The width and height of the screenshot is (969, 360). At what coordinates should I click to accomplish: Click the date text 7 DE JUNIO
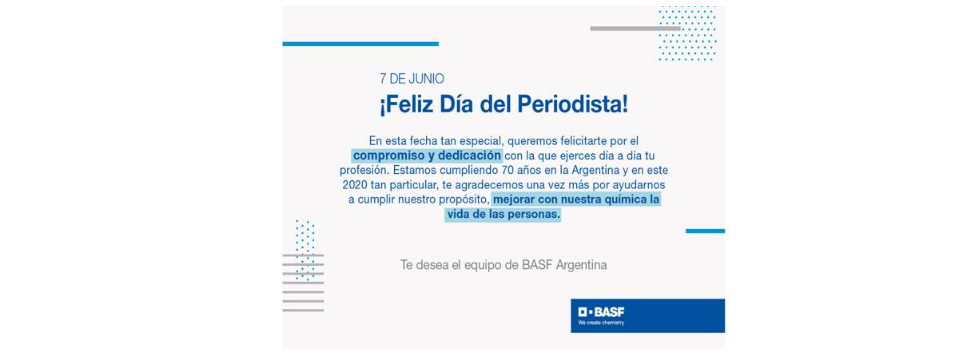[x=412, y=79]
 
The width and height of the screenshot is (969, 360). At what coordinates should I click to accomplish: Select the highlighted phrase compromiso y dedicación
[x=427, y=154]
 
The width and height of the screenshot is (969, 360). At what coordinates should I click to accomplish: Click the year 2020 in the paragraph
[x=353, y=185]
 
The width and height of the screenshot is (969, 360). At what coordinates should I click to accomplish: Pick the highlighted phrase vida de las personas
[x=502, y=215]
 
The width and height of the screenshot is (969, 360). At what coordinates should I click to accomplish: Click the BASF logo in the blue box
[x=601, y=311]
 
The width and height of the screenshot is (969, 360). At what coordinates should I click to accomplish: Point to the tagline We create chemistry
[x=601, y=323]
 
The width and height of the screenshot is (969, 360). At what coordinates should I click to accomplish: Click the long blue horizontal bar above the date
[x=360, y=44]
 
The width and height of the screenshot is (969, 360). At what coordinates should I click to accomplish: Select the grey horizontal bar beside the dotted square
[x=635, y=28]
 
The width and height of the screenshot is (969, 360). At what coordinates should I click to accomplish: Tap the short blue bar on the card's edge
[x=705, y=231]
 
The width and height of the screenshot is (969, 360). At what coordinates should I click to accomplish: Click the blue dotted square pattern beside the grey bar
[x=687, y=34]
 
